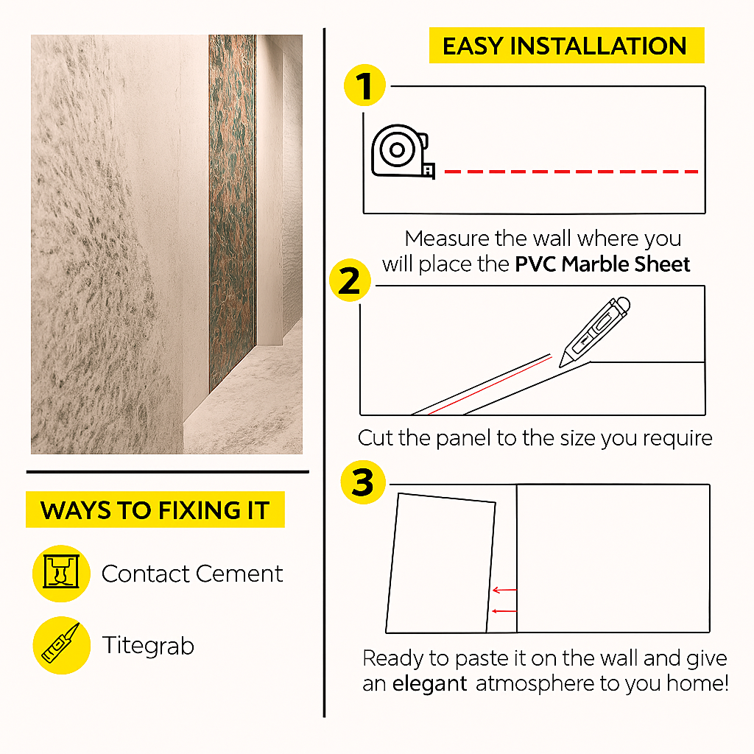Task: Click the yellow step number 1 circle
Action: click(x=365, y=85)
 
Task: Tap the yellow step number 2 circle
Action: click(x=350, y=281)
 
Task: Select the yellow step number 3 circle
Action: click(x=363, y=482)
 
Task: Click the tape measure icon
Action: click(x=403, y=152)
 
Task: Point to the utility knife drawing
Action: click(x=595, y=332)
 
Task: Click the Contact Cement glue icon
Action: click(x=61, y=573)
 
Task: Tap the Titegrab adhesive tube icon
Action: click(x=62, y=645)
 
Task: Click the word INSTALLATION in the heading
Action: click(x=598, y=46)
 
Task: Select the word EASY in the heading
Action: click(x=473, y=46)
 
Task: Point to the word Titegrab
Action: click(x=148, y=646)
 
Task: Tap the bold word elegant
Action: click(x=429, y=684)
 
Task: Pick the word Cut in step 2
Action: click(x=375, y=438)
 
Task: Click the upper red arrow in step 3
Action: click(x=504, y=590)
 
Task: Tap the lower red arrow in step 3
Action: click(x=504, y=611)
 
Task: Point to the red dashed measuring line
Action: click(x=571, y=171)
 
